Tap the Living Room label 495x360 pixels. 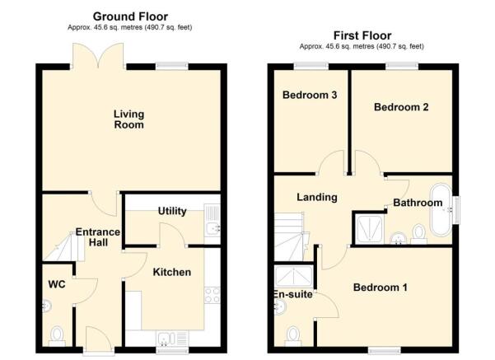coord(128,119)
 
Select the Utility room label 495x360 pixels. coord(171,212)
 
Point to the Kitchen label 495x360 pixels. coord(172,272)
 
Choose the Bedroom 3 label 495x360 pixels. coord(310,95)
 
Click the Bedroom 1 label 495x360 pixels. coord(381,288)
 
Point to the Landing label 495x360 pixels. coord(317,198)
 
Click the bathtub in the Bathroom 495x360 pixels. coord(441,213)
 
